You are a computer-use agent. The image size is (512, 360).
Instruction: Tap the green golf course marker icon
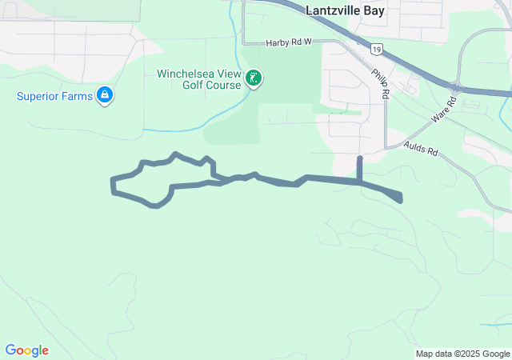pyautogui.click(x=254, y=78)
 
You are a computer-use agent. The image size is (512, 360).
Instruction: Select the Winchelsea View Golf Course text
pyautogui.click(x=198, y=79)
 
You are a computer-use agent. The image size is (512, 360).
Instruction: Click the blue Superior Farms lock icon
pyautogui.click(x=104, y=96)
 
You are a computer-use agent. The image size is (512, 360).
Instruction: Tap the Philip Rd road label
pyautogui.click(x=380, y=83)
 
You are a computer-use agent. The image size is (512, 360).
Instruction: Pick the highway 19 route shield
pyautogui.click(x=375, y=50)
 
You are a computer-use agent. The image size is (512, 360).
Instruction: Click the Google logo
pyautogui.click(x=27, y=350)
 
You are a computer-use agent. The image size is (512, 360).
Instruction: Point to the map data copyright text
pyautogui.click(x=462, y=354)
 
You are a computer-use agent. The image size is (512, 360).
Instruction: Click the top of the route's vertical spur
pyautogui.click(x=359, y=158)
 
